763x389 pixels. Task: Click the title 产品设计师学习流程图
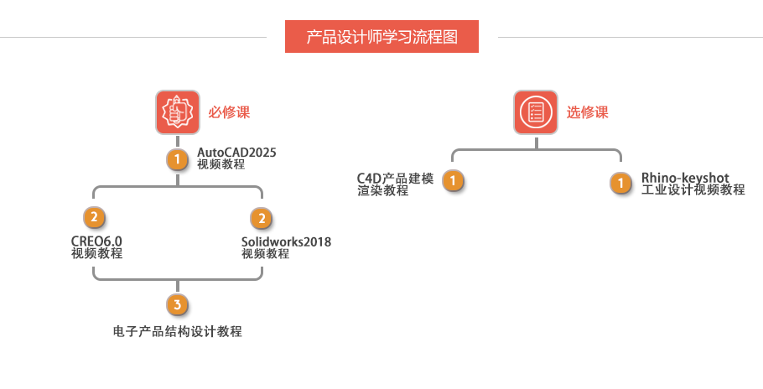[x=382, y=37]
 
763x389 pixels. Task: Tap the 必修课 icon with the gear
[x=177, y=112]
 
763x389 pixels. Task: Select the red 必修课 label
[x=229, y=112]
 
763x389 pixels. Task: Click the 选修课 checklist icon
[x=535, y=112]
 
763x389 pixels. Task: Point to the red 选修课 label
[x=587, y=112]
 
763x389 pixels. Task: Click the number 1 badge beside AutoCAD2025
[x=177, y=158]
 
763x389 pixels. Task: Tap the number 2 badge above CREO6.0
[x=94, y=218]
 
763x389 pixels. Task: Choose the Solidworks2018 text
[x=286, y=241]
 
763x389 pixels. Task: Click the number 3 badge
[x=177, y=303]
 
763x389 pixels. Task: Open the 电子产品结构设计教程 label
[x=177, y=331]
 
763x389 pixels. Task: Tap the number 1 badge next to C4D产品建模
[x=453, y=181]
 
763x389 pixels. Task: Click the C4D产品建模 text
[x=395, y=178]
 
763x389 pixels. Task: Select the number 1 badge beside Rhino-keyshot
[x=620, y=183]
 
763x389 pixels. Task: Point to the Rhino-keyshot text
[x=685, y=178]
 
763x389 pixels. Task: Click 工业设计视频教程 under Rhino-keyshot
[x=693, y=190]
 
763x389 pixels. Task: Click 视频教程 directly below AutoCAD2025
[x=221, y=164]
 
